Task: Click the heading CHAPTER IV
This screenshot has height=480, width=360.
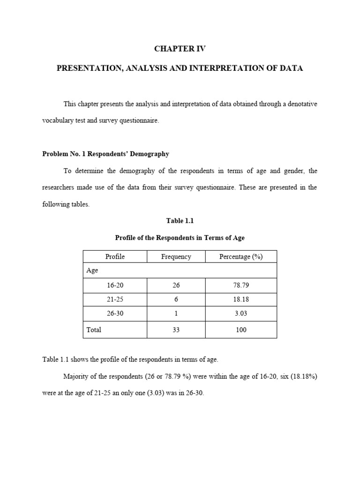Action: pyautogui.click(x=180, y=49)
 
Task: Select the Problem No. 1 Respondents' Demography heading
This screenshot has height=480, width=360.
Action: pyautogui.click(x=105, y=154)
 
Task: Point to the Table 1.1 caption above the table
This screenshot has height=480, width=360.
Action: pyautogui.click(x=180, y=221)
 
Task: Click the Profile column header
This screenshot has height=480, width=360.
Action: pyautogui.click(x=115, y=256)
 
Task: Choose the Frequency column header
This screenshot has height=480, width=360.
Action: pyautogui.click(x=176, y=256)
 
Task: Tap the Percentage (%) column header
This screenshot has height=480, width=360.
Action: pyautogui.click(x=241, y=256)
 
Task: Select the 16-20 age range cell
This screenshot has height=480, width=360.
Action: pyautogui.click(x=115, y=285)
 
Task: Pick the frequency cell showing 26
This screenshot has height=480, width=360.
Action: pyautogui.click(x=176, y=285)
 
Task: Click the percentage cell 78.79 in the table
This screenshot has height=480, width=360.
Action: pyautogui.click(x=241, y=285)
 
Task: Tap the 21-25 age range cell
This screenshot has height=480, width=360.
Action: pyautogui.click(x=115, y=299)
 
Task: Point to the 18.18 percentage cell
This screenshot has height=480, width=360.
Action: pyautogui.click(x=241, y=299)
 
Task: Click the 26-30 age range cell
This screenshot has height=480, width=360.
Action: pyautogui.click(x=115, y=313)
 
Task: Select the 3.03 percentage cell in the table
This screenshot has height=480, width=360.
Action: pyautogui.click(x=241, y=313)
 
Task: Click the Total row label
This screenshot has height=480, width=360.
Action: pyautogui.click(x=94, y=330)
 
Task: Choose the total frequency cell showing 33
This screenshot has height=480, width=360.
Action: pyautogui.click(x=176, y=330)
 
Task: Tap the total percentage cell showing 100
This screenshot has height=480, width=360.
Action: pyautogui.click(x=241, y=330)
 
